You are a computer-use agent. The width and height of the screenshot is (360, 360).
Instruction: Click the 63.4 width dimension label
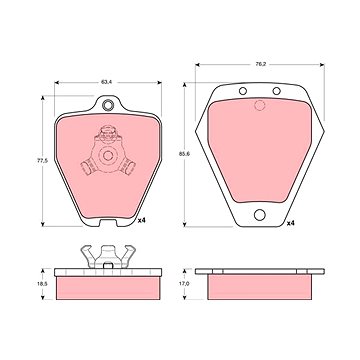pyautogui.click(x=106, y=82)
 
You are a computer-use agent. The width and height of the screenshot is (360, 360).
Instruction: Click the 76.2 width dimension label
pyautogui.click(x=260, y=65)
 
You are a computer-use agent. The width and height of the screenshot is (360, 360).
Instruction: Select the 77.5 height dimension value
pyautogui.click(x=42, y=161)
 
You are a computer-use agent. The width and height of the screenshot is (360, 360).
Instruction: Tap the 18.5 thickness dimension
pyautogui.click(x=42, y=284)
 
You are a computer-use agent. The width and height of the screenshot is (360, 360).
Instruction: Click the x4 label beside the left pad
pyautogui.click(x=142, y=220)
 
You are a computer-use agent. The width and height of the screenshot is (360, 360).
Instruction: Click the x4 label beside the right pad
pyautogui.click(x=291, y=223)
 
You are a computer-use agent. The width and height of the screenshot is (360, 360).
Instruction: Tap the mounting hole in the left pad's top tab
pyautogui.click(x=108, y=105)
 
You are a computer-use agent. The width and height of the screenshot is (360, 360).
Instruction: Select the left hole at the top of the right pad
pyautogui.click(x=243, y=91)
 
